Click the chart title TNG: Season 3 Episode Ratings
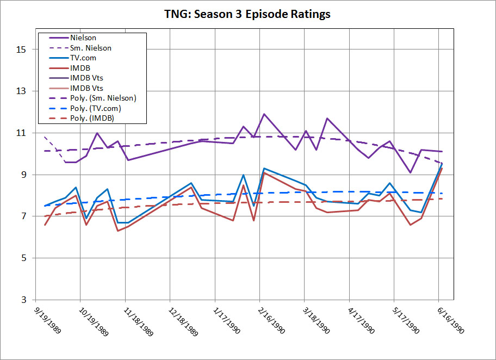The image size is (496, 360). pyautogui.click(x=247, y=15)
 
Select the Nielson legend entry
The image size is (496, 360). pyautogui.click(x=83, y=38)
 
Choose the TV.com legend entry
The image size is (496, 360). pyautogui.click(x=83, y=58)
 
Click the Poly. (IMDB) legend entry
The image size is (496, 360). pyautogui.click(x=92, y=118)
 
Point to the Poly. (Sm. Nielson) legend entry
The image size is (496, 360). pyautogui.click(x=103, y=98)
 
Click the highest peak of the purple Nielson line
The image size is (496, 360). pyautogui.click(x=264, y=114)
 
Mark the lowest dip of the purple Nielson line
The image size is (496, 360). pyautogui.click(x=411, y=172)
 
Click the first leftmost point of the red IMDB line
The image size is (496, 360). pyautogui.click(x=45, y=225)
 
